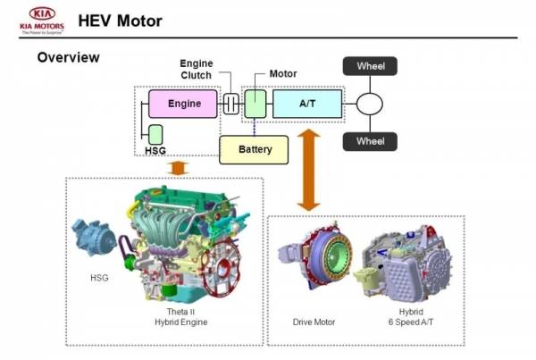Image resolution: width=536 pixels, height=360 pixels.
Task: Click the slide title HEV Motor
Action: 120,20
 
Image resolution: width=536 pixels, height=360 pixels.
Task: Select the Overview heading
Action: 68,59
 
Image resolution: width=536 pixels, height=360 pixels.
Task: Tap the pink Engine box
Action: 183,105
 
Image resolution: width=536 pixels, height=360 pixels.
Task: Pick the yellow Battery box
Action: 255,149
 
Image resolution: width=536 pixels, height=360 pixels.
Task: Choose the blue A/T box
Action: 306,105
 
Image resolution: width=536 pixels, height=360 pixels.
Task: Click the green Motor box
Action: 255,105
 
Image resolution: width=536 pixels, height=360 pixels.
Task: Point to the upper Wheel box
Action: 370,66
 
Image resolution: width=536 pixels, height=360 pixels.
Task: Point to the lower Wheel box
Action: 370,141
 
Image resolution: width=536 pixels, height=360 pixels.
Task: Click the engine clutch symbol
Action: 230,105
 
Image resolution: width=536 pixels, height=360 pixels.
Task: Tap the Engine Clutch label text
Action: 196,69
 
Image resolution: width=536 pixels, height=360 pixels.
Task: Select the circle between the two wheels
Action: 370,104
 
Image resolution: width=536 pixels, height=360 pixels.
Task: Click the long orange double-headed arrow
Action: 309,170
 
